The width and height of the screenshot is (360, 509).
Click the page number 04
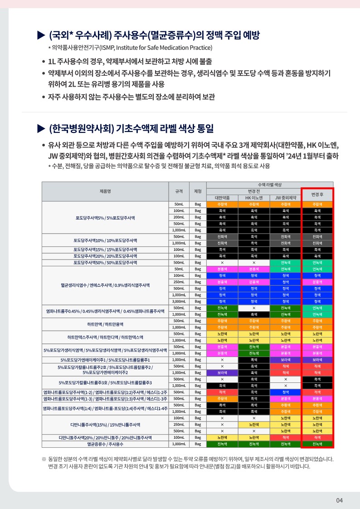coord(340,500)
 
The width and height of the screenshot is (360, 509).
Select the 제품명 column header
coord(105,191)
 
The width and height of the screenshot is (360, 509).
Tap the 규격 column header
coord(179,191)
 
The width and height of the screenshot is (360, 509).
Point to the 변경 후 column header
coord(317,194)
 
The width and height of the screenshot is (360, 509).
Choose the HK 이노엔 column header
coord(254,198)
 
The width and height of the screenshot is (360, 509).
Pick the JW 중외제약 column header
coord(285,198)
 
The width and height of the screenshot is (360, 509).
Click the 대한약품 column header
coord(222,198)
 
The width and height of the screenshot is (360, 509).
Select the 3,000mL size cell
coord(179,301)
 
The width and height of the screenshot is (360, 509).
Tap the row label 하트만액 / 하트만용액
coord(105,324)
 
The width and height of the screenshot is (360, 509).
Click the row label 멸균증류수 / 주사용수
coord(105,444)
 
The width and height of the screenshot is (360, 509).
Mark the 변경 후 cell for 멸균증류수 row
coord(317,444)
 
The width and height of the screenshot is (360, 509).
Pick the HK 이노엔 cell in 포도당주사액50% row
coord(254,262)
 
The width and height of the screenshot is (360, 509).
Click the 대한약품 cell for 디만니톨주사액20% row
coord(222,437)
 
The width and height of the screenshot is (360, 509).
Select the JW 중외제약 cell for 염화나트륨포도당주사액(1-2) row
coord(285,392)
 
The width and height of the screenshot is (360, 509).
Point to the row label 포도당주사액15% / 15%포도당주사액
coord(105,250)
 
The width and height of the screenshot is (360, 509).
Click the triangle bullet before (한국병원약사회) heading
coord(41,129)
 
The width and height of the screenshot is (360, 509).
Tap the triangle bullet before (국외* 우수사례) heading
coord(41,35)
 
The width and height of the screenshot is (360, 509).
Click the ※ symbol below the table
coord(44,459)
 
